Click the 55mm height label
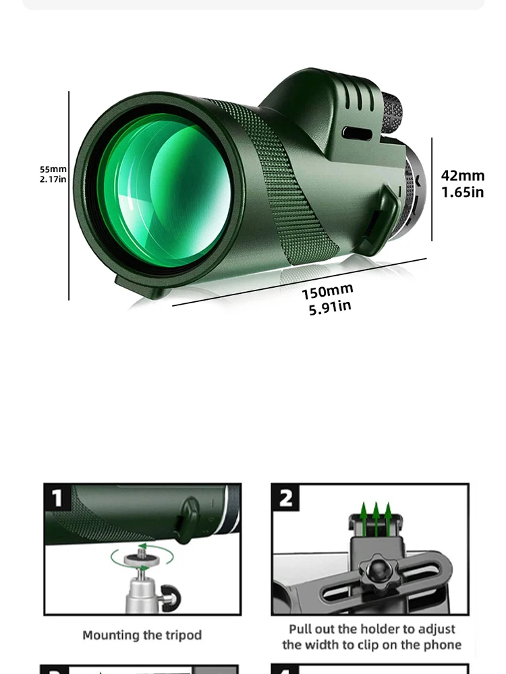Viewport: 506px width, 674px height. click(53, 169)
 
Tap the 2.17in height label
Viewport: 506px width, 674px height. click(53, 179)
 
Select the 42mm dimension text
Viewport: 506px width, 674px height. click(463, 176)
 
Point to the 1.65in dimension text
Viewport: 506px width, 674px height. click(463, 192)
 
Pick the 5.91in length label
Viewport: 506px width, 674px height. click(330, 307)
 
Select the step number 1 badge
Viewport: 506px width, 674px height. click(57, 498)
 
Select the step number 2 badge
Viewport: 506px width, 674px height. click(286, 499)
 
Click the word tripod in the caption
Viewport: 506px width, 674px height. click(183, 635)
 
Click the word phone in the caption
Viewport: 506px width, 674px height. click(443, 645)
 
